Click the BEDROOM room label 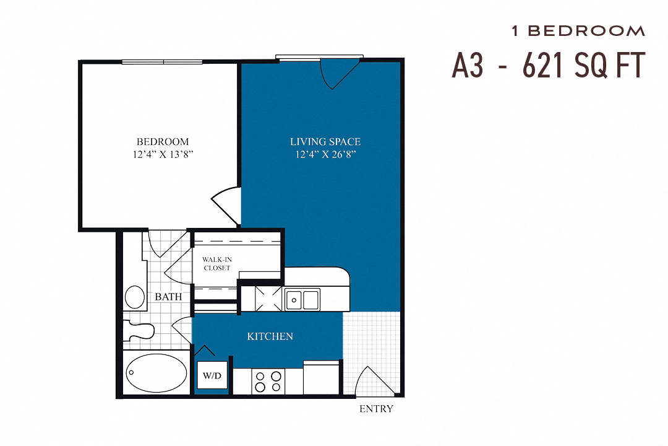tap(163, 141)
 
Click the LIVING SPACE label tap(325, 142)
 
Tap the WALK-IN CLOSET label tap(216, 263)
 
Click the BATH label tap(168, 297)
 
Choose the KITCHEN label tap(270, 336)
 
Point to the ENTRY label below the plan tap(376, 409)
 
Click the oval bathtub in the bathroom tap(156, 373)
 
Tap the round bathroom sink tap(134, 297)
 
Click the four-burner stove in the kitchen tap(268, 380)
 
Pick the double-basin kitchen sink tap(302, 300)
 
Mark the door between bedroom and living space tap(225, 204)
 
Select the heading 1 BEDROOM tap(578, 31)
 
